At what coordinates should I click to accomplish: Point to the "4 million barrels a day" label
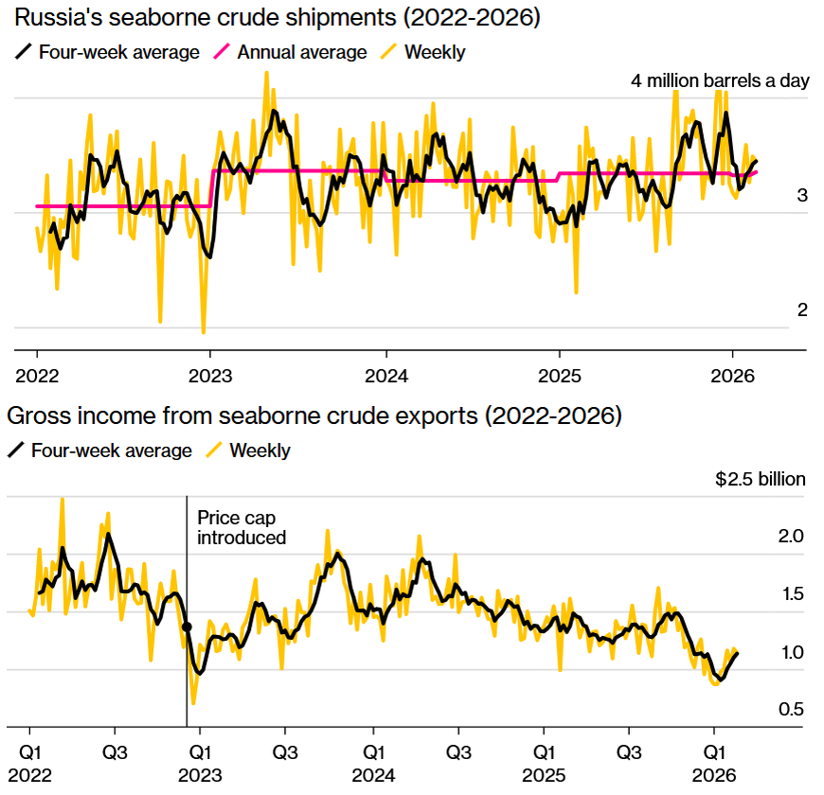pyautogui.click(x=720, y=80)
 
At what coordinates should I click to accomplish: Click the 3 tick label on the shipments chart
pyautogui.click(x=802, y=196)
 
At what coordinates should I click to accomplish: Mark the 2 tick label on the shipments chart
pyautogui.click(x=802, y=310)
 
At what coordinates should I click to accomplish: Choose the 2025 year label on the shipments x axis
pyautogui.click(x=559, y=375)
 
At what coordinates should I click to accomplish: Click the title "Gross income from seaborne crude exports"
pyautogui.click(x=313, y=415)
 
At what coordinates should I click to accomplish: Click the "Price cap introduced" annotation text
pyautogui.click(x=241, y=528)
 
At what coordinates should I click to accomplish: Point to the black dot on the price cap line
pyautogui.click(x=187, y=627)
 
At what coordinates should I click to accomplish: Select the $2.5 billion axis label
pyautogui.click(x=761, y=479)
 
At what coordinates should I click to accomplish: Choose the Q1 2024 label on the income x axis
pyautogui.click(x=373, y=764)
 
